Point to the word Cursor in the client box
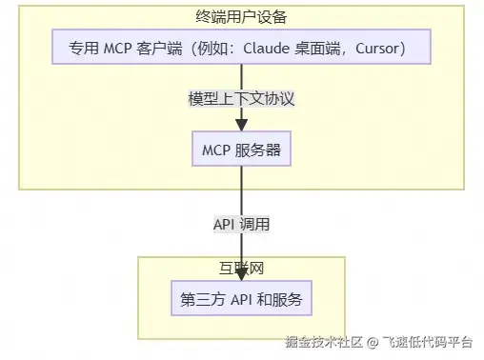click(x=381, y=48)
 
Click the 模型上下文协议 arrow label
click(x=241, y=98)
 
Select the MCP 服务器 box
click(x=241, y=150)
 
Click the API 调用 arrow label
click(x=241, y=226)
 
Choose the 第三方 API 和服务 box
click(x=241, y=299)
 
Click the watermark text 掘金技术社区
click(x=325, y=341)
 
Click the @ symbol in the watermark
click(x=374, y=341)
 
